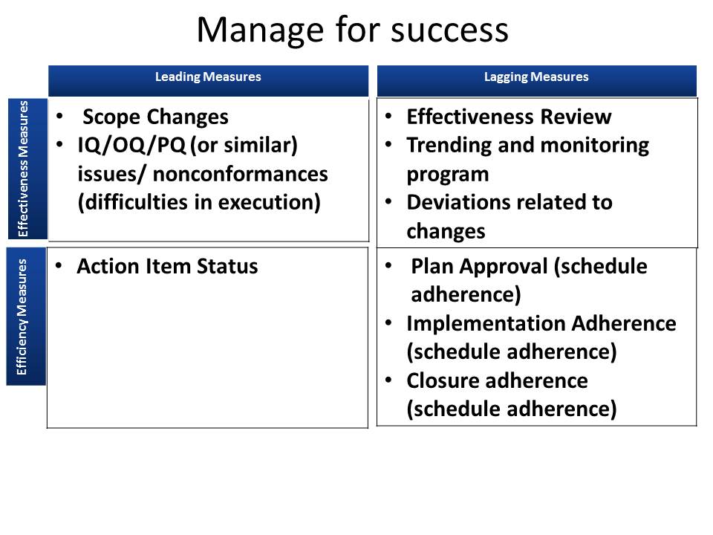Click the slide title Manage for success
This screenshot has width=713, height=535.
(352, 30)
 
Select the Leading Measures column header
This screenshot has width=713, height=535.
(208, 77)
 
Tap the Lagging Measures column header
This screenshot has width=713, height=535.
(536, 77)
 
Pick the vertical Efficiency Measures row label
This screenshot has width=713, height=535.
(24, 317)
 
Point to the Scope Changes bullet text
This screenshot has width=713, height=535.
(155, 117)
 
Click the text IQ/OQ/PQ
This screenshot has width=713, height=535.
(131, 146)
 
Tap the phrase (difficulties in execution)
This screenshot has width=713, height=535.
(199, 202)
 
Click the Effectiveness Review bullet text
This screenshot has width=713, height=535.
(509, 117)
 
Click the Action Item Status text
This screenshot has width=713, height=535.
(167, 267)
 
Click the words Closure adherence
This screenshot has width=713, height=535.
(497, 380)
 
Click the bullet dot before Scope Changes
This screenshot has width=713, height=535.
(59, 117)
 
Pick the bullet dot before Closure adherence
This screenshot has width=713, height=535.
(388, 380)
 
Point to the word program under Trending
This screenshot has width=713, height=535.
(447, 174)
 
